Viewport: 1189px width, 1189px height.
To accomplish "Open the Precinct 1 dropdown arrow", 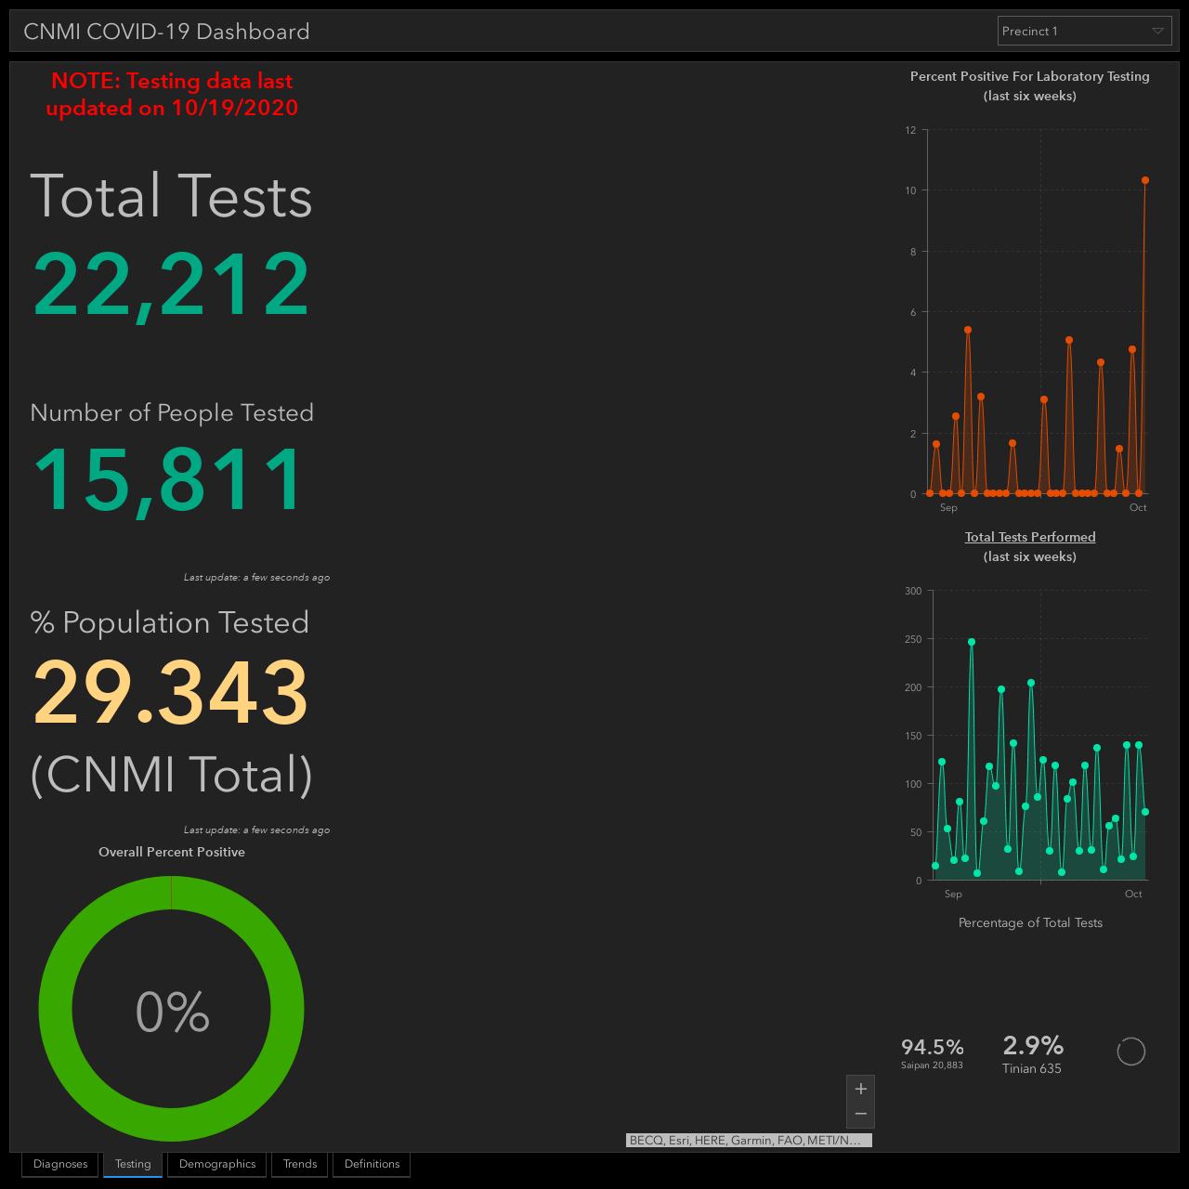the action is (1157, 31).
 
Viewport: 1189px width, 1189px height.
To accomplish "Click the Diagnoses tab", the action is (60, 1164).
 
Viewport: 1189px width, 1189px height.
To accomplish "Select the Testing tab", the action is (133, 1164).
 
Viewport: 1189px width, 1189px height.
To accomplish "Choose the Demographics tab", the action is (217, 1164).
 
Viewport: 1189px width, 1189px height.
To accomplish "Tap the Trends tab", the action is (300, 1164).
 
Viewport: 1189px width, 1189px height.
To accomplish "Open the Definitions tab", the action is (372, 1164).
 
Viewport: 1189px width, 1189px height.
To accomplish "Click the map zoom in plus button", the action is (861, 1089).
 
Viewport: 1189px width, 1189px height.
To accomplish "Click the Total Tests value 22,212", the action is (171, 285).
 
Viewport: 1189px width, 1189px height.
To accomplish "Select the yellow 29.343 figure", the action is (170, 692).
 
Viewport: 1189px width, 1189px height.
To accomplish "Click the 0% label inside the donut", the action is (172, 1012).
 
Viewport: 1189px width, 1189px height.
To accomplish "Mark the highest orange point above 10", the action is (1145, 180).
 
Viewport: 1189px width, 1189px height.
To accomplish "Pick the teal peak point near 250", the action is (972, 642).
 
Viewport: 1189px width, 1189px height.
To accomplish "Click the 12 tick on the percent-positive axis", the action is (910, 130).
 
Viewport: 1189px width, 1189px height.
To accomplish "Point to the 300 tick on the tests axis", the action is (913, 591).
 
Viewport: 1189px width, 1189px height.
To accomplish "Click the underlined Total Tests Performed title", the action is (1030, 537).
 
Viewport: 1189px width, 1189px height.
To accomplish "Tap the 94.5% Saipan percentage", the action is (933, 1047).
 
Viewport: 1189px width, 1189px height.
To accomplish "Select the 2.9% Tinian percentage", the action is (1033, 1045).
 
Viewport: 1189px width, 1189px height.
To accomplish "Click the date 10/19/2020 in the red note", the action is (235, 108).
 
